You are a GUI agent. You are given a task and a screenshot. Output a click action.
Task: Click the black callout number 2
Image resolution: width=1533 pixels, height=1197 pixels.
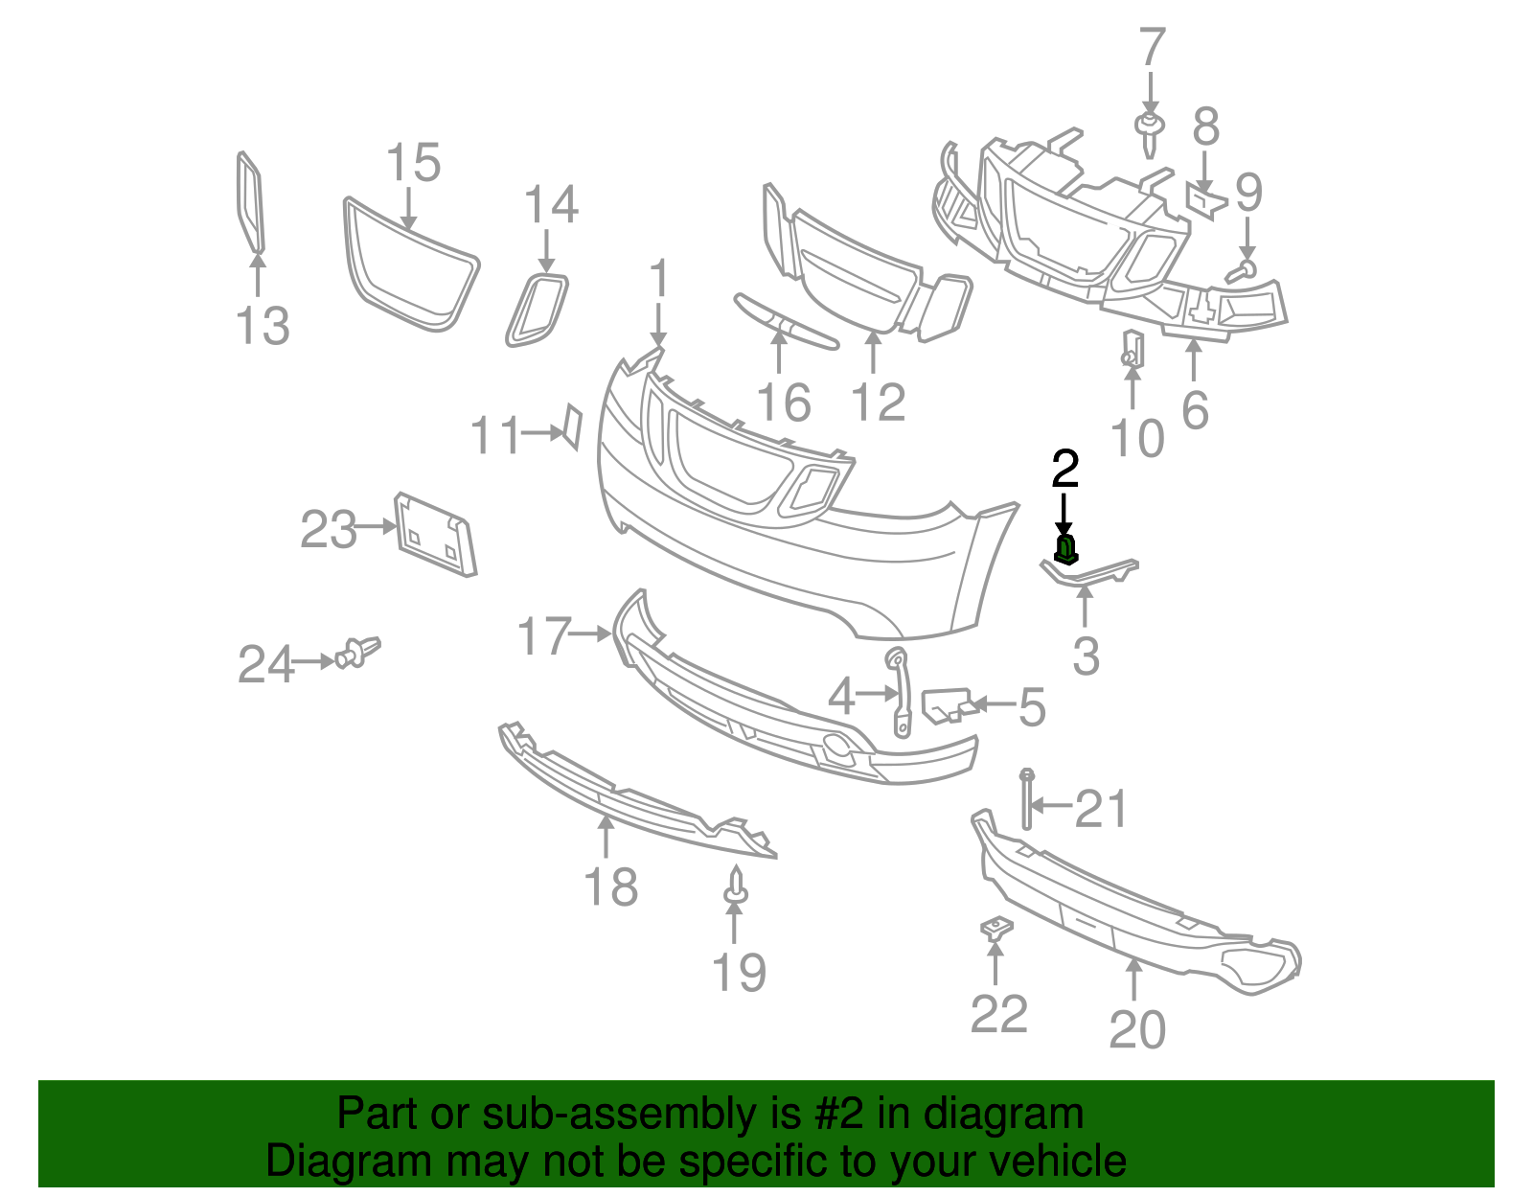(x=1064, y=469)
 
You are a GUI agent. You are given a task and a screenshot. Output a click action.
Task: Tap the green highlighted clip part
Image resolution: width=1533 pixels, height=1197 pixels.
(x=1065, y=550)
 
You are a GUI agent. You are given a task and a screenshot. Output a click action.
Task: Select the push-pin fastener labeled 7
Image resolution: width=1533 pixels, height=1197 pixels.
(x=1149, y=133)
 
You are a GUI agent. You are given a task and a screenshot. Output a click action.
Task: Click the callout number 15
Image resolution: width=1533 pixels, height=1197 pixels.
(x=413, y=163)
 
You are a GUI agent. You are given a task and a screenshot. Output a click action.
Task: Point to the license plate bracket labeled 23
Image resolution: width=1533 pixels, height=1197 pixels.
(x=436, y=534)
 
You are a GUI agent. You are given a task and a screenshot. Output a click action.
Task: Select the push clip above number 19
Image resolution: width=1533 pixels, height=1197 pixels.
(x=735, y=886)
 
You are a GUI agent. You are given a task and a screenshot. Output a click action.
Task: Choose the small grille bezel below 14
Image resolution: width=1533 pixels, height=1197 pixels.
(x=537, y=311)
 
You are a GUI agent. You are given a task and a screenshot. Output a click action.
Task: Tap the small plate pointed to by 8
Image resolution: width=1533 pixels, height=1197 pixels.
(x=1205, y=200)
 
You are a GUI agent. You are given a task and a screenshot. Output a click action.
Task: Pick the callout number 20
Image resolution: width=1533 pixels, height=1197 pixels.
(x=1136, y=1030)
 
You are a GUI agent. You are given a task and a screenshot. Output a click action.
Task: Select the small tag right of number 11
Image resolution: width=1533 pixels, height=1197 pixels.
(x=570, y=426)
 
